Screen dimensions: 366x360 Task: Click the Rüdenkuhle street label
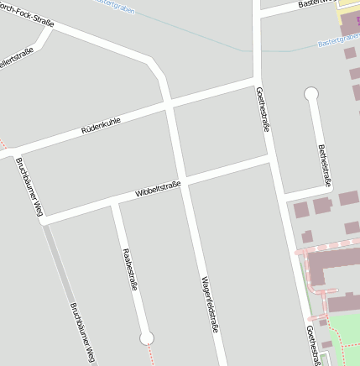pos(101,126)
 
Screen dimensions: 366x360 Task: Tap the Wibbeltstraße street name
pos(158,189)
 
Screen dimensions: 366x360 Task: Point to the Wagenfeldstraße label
pos(209,306)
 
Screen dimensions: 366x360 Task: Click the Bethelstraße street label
pos(324,165)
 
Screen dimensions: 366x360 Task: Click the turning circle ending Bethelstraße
pos(311,94)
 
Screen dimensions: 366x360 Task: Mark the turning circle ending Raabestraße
pos(147,337)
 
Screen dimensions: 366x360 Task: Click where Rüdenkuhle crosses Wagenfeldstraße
pos(170,107)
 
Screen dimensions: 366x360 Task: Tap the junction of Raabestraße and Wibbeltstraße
pos(115,202)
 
